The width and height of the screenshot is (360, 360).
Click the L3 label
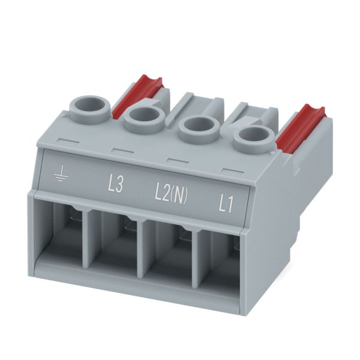coord(116,184)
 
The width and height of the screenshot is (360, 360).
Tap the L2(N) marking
coord(171,196)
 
